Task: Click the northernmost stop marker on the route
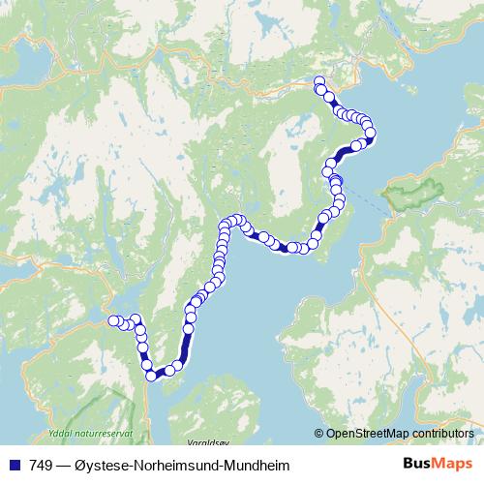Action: point(319,81)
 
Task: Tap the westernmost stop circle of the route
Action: point(113,320)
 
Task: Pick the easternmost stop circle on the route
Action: point(370,133)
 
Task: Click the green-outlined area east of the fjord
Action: point(408,195)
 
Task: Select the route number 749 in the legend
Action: point(41,464)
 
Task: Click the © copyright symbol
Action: point(320,434)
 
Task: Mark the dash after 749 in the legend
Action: point(63,464)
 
